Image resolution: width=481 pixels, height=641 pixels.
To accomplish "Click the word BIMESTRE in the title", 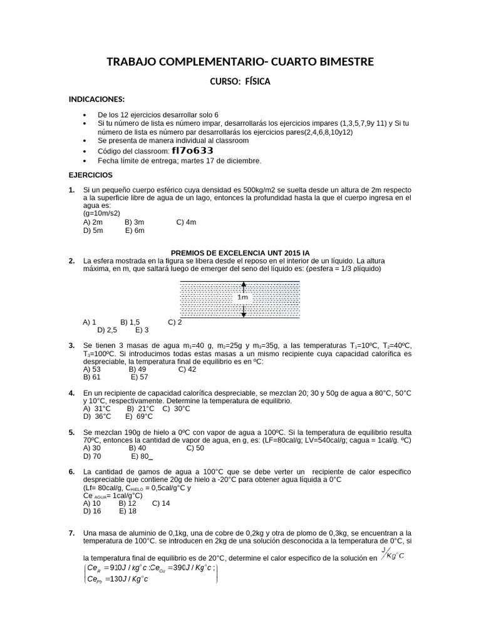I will coord(341,61).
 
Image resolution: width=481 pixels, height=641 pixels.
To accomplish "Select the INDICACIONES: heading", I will coord(96,100).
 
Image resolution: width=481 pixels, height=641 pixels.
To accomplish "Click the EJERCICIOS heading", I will coord(90,175).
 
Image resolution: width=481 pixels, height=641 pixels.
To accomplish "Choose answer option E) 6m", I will coord(135,230).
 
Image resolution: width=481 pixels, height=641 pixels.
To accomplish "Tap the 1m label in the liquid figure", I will coord(242,297).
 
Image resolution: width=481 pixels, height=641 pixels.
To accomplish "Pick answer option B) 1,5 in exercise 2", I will coord(130,322).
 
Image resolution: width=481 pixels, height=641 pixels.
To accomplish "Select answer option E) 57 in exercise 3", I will coord(139,377).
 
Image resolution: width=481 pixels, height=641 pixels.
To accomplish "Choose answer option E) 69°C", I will coord(139,416).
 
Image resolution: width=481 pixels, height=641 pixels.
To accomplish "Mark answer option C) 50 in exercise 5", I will coord(195,448).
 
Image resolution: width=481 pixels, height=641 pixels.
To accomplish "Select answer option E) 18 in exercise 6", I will coord(128,511).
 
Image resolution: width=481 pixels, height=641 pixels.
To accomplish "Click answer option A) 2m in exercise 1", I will coord(93,222).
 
